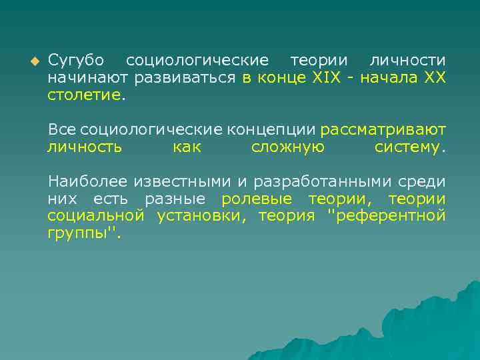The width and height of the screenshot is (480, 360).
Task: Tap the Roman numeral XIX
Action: tap(327, 78)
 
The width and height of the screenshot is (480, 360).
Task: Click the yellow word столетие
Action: tap(85, 95)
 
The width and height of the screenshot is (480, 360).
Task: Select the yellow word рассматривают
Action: tap(383, 129)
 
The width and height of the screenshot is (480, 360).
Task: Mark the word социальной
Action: tap(95, 215)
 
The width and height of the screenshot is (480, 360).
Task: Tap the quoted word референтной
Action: tap(387, 215)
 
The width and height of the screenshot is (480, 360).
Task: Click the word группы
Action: tap(79, 233)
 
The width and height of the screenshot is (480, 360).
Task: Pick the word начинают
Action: tap(87, 78)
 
